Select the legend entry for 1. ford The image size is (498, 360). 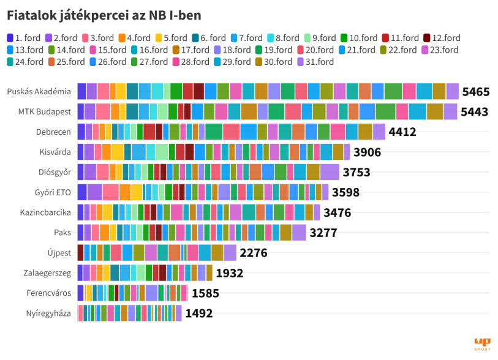[24, 39]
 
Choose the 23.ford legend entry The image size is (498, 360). [439, 50]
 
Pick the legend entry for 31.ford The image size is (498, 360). [316, 62]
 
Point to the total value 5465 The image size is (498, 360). [476, 92]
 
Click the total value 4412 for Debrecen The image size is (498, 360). [402, 132]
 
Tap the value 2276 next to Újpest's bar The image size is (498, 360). [254, 253]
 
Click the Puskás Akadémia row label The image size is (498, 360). [39, 92]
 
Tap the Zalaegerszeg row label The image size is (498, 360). [48, 274]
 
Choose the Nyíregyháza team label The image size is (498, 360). [48, 314]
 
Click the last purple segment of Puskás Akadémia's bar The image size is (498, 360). [452, 91]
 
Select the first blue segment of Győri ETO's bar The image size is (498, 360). [81, 192]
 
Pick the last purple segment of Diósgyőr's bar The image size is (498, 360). [330, 172]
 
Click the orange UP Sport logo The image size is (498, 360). [482, 344]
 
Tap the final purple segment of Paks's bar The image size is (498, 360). [299, 233]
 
